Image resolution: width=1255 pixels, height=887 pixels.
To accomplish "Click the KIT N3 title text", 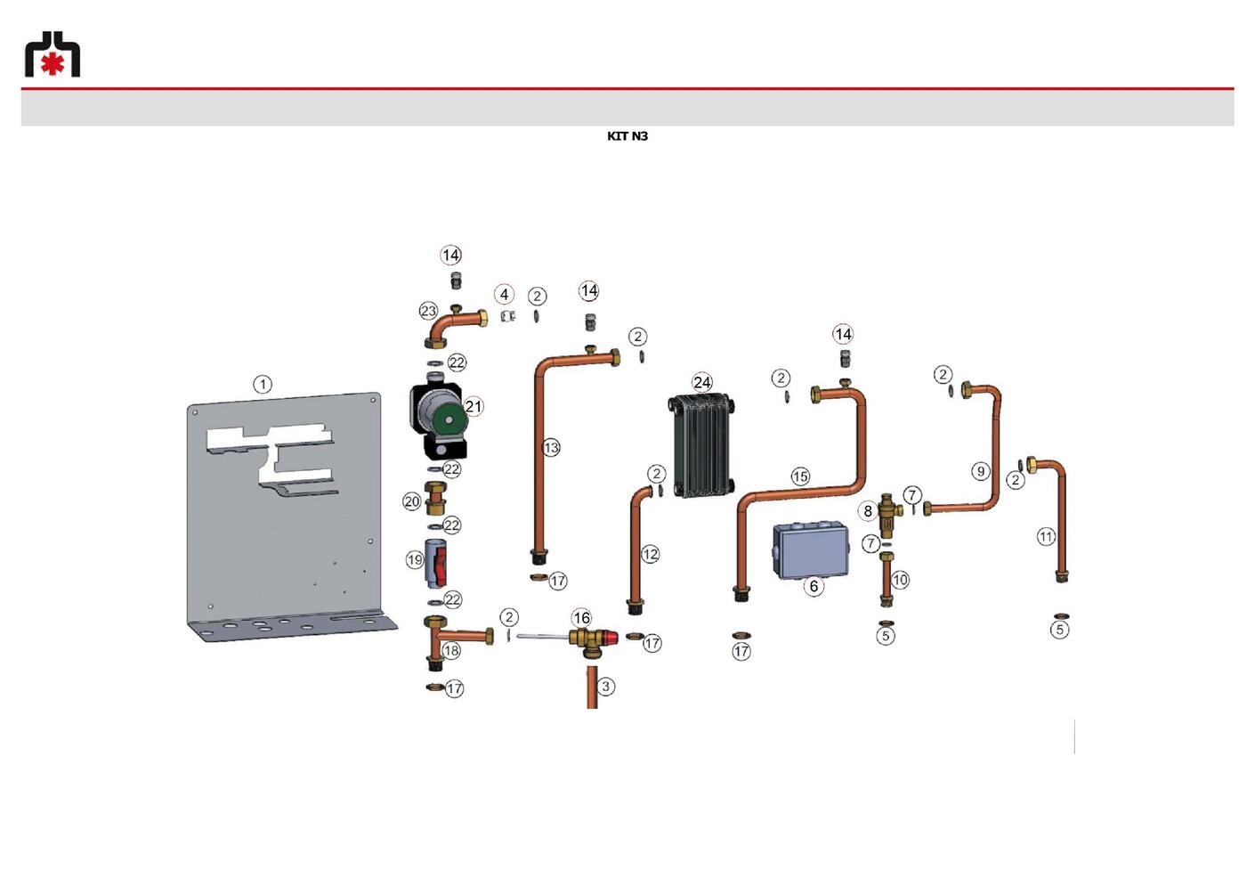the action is [x=627, y=136].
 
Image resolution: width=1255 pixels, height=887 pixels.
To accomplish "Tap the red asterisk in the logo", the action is [x=53, y=64].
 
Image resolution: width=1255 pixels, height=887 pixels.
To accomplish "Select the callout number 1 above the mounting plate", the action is [x=263, y=385].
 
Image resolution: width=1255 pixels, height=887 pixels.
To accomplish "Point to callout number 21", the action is [x=474, y=406].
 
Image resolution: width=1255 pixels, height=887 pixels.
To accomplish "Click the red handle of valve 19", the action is [x=441, y=564].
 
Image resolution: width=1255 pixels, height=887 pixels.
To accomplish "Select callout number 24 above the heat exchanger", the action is [x=702, y=382].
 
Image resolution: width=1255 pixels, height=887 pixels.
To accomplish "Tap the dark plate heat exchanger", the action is [x=701, y=445].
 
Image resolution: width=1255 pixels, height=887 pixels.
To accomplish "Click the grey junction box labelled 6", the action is [x=811, y=550].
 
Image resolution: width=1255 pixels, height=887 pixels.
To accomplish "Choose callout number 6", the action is [x=814, y=587].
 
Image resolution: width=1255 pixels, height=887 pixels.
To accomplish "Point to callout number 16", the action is [x=581, y=618].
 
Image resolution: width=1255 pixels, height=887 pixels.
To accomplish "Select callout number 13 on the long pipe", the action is [x=551, y=447].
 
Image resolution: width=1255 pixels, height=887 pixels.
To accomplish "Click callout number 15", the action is [x=800, y=476].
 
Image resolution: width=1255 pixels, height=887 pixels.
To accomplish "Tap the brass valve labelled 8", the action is [x=887, y=516].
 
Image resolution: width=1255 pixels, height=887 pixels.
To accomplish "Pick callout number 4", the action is [x=505, y=295].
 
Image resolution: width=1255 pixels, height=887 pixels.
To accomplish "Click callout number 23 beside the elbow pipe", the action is [x=429, y=311].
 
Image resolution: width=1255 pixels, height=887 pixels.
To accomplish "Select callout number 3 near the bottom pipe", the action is [x=605, y=687].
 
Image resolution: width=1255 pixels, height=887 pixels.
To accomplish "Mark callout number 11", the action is [x=1046, y=537].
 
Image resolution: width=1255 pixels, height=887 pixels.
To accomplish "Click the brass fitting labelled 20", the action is [x=435, y=498].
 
